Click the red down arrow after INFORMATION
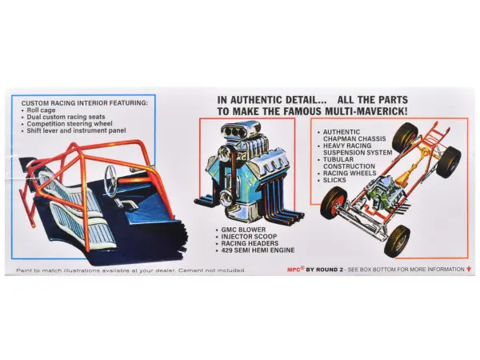[x=470, y=270]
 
